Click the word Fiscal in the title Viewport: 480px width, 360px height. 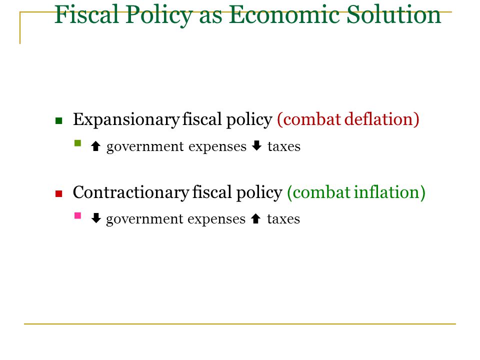pos(86,14)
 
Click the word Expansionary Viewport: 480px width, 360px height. pos(126,119)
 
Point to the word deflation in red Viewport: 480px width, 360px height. pos(381,119)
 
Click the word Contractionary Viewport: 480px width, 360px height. pos(130,192)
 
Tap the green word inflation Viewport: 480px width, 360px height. pos(389,192)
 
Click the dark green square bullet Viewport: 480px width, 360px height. pos(59,120)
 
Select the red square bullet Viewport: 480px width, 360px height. pos(59,194)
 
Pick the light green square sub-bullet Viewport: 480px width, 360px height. pos(78,143)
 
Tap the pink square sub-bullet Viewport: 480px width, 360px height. pos(78,215)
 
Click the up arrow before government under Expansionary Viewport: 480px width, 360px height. pos(96,146)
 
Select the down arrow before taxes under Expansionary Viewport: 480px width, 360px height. pos(257,145)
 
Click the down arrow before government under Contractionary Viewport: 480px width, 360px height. pos(96,218)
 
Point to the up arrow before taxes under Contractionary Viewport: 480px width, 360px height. pos(255,219)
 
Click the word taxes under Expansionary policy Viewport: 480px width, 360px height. pos(284,146)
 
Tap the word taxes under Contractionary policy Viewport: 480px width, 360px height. pos(283,219)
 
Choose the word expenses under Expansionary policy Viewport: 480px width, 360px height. pos(217,147)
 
